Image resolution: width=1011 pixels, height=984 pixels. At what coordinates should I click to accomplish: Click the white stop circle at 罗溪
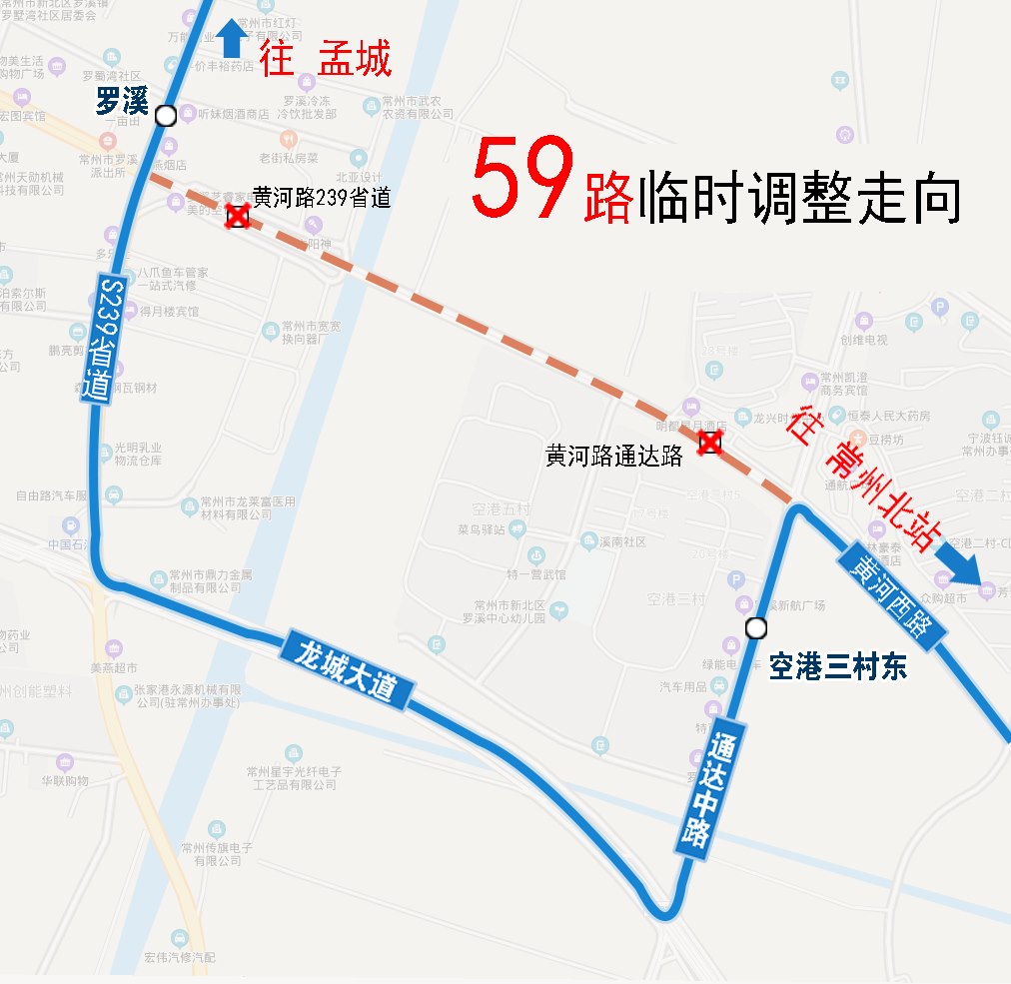coord(166,116)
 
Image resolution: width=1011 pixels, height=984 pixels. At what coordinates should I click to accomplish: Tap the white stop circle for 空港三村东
coord(756,628)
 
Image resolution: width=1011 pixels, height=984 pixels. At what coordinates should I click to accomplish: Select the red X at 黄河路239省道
coord(237,216)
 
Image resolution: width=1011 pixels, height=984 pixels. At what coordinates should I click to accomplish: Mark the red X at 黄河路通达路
coord(709,443)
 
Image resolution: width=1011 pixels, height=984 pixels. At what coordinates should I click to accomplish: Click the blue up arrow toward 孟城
coord(232,38)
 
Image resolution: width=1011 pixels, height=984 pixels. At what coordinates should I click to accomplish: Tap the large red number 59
coord(521,181)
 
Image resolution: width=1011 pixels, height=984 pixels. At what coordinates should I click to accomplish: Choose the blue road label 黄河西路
coord(890,598)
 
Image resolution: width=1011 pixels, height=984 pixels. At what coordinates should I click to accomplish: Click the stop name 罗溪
coord(122,101)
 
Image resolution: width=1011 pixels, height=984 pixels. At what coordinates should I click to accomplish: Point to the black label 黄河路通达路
coord(614,456)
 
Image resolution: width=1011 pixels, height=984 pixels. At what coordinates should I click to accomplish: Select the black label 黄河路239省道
coord(321,197)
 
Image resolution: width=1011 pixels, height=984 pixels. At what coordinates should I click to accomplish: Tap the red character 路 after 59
coord(608,196)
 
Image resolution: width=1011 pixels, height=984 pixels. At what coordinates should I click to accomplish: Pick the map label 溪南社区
coord(622,542)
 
